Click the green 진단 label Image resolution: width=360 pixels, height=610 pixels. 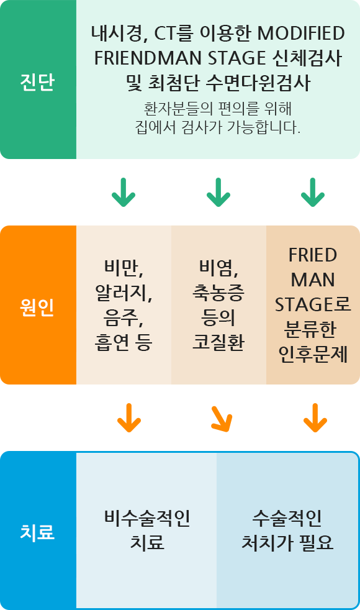click(x=37, y=82)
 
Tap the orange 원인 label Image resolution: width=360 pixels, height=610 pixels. click(x=37, y=307)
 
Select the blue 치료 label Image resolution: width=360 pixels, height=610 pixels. click(x=37, y=532)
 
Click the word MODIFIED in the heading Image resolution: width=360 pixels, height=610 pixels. click(x=301, y=34)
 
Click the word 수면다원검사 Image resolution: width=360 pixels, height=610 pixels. click(x=258, y=83)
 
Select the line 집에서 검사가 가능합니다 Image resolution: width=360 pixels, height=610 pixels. click(x=218, y=127)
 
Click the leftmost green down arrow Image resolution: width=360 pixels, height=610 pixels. click(x=124, y=192)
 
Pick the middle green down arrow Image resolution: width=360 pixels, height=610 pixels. click(x=218, y=192)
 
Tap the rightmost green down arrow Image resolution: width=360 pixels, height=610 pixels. click(x=313, y=192)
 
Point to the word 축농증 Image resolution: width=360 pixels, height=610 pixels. click(x=218, y=293)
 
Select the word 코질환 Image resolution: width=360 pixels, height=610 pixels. click(x=218, y=342)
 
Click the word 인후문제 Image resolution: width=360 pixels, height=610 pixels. click(x=313, y=355)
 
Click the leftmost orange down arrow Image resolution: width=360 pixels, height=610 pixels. click(x=129, y=418)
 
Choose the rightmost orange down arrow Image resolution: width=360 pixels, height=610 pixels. click(x=315, y=418)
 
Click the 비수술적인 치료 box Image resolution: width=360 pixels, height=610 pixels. click(x=146, y=530)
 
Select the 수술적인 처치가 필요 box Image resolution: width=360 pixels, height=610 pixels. click(x=287, y=530)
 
